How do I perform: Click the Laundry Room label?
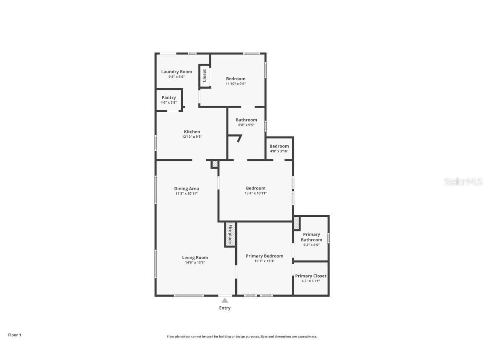176,71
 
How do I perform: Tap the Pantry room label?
168,97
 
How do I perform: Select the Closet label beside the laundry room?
204,76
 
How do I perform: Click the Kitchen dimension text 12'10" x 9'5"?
192,137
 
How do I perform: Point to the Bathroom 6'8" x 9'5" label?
246,120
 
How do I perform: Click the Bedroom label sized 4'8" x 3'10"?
279,146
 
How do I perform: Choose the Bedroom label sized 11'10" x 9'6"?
236,79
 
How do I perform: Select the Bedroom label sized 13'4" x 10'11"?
255,188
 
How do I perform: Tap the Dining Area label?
187,189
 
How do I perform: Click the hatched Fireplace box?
230,234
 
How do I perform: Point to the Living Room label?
195,258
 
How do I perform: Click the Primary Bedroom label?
265,256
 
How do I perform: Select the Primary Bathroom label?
311,237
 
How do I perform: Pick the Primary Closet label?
310,276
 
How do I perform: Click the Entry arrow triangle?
225,300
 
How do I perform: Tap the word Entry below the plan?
225,308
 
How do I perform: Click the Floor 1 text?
15,335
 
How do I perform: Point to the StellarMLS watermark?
463,181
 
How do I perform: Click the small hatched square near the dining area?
215,164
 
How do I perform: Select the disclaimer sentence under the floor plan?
242,337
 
